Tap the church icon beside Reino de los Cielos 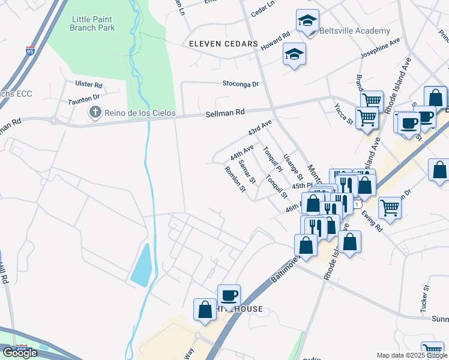[x=95, y=112]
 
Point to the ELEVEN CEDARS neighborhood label [x=223, y=44]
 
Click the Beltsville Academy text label [x=355, y=31]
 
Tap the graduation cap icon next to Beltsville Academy [x=308, y=20]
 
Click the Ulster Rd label [x=89, y=85]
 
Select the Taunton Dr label [x=83, y=97]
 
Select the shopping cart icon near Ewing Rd [x=390, y=208]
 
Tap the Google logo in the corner [x=20, y=352]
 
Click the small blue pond [x=142, y=266]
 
